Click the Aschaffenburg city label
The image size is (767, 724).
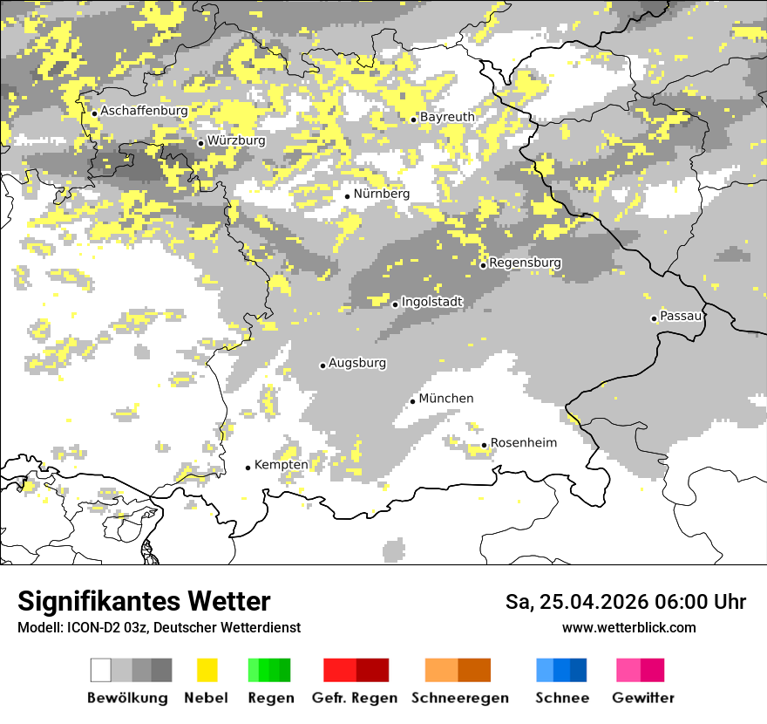(x=144, y=112)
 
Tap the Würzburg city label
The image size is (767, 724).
(x=236, y=140)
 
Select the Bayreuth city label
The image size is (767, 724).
(x=447, y=117)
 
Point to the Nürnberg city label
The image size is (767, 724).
(x=381, y=194)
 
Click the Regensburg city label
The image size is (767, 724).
(x=525, y=263)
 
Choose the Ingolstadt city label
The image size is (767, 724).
(x=431, y=302)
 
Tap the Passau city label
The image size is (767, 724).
(x=681, y=316)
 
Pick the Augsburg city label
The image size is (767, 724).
(x=357, y=363)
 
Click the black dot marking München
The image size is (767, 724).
(x=412, y=401)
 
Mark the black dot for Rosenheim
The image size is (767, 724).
(x=485, y=446)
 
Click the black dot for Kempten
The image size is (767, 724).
(x=248, y=468)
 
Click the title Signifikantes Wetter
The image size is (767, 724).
(x=144, y=602)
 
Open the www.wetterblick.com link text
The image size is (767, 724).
(x=628, y=628)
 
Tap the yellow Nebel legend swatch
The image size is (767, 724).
(x=207, y=670)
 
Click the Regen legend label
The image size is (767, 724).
(x=268, y=698)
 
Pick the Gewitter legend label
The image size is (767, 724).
(x=643, y=698)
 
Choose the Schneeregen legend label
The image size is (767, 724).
(x=460, y=698)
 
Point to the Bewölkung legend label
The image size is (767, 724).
(x=127, y=698)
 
